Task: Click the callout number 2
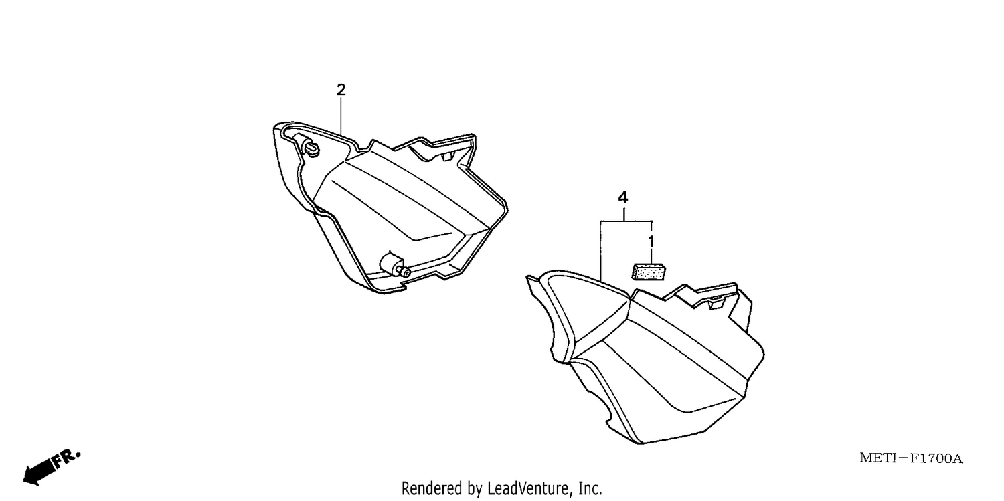[341, 90]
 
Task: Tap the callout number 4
[623, 197]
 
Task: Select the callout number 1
[651, 241]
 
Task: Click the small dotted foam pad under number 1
[649, 272]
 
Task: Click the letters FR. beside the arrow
[67, 460]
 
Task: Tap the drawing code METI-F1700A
[911, 458]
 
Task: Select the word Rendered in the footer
[432, 488]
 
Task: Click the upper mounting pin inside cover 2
[311, 147]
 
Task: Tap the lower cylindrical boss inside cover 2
[394, 266]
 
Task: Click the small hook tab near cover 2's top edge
[448, 155]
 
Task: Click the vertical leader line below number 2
[341, 116]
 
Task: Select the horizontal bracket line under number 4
[626, 221]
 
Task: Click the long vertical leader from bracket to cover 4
[600, 251]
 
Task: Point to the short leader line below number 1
[651, 257]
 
